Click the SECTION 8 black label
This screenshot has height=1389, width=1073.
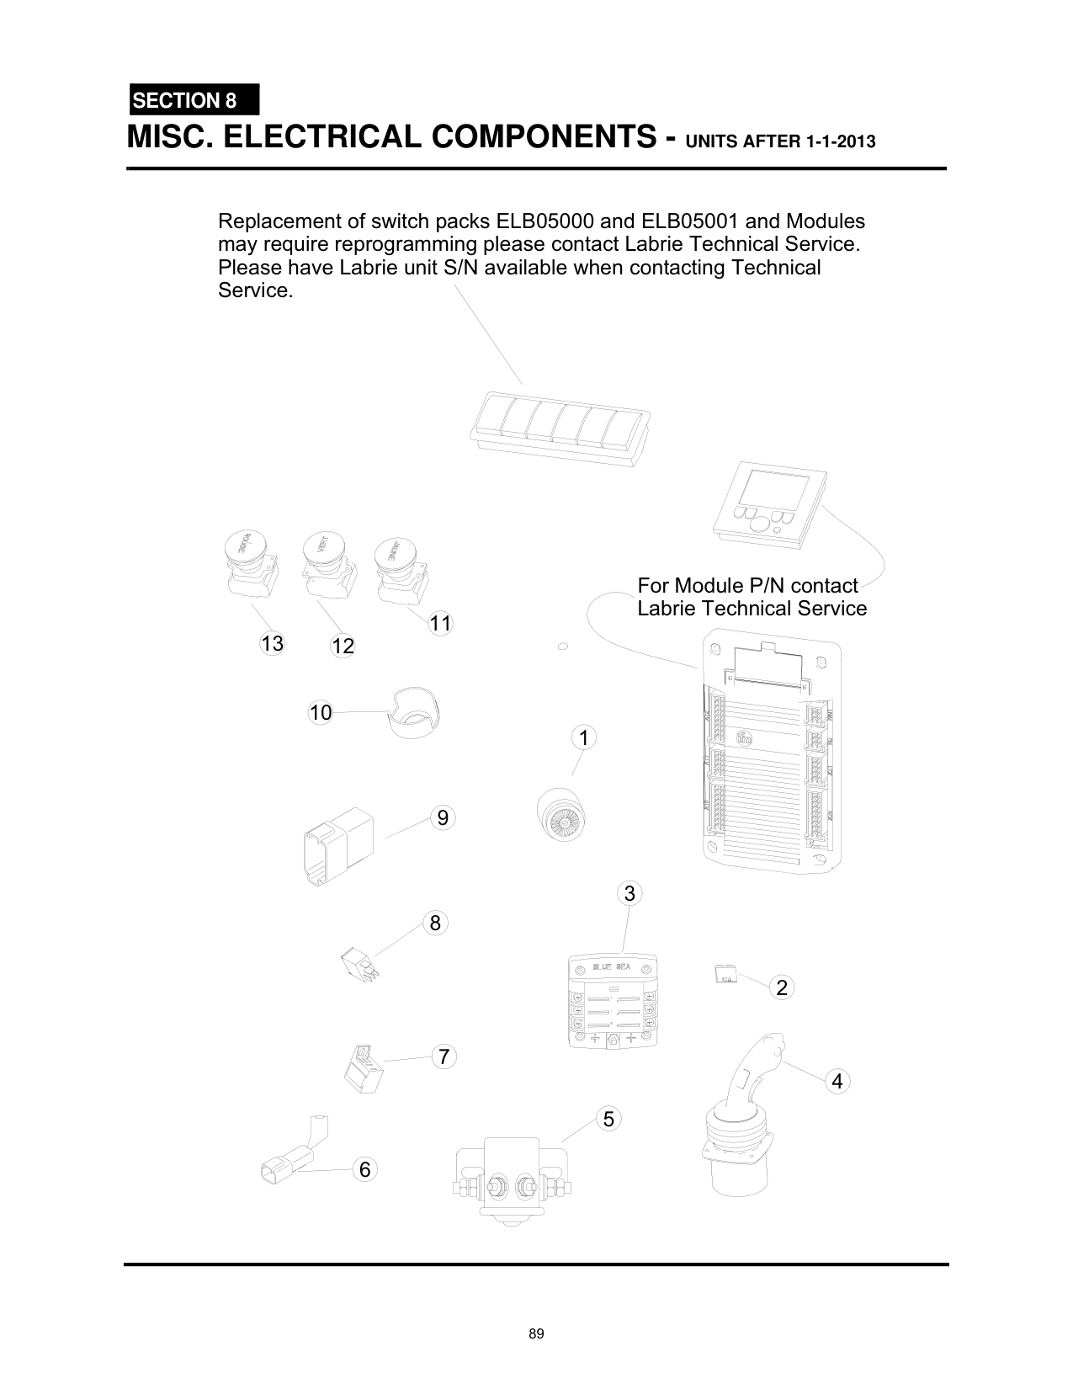tap(194, 100)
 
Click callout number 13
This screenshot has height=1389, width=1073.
tap(271, 644)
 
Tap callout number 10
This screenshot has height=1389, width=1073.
tap(320, 713)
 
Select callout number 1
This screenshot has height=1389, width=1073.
tap(582, 738)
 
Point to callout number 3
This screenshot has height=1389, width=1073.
tap(629, 893)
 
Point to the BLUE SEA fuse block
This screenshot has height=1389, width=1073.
tap(612, 1002)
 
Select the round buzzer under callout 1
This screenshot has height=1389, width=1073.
tap(561, 813)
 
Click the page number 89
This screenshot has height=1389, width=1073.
tap(536, 1334)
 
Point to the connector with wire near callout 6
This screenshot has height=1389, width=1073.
tap(290, 1157)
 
